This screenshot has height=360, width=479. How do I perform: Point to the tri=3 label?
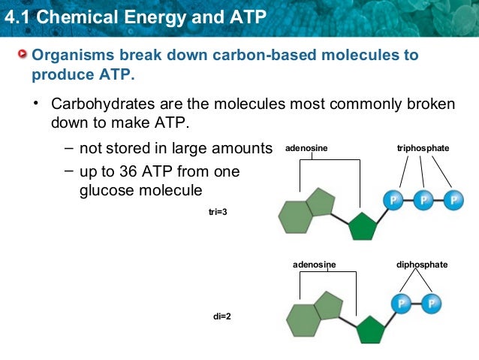point(218,213)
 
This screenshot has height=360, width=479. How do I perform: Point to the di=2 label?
point(222,316)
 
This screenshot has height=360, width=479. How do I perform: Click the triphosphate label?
point(423,149)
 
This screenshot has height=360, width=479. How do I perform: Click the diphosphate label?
point(421,265)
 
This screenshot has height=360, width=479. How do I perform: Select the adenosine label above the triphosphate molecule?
point(306,149)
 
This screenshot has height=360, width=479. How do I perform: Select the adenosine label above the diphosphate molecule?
point(314,265)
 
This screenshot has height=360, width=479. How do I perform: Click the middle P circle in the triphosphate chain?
point(423,200)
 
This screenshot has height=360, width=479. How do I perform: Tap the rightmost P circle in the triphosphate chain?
point(453,200)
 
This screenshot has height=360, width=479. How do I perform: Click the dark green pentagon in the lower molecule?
point(369,329)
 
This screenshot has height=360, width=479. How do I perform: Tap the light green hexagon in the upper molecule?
point(295,216)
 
